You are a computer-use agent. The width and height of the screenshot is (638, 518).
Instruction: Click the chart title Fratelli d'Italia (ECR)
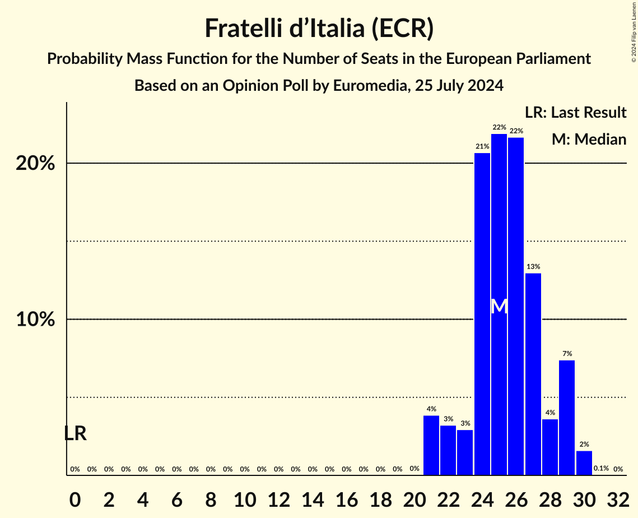[319, 29]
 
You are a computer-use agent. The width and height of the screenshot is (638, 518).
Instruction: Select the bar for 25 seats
[499, 336]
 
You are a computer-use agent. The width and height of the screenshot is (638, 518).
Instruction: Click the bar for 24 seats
[482, 314]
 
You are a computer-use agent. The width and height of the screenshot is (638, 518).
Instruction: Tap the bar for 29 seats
[567, 418]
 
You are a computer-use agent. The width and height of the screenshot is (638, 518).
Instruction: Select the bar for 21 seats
[431, 445]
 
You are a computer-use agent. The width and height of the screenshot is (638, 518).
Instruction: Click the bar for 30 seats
[584, 463]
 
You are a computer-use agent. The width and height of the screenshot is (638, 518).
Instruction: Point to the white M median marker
[499, 306]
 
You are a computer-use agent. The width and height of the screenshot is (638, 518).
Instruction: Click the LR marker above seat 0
[75, 433]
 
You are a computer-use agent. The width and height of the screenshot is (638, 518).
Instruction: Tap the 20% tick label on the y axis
[35, 164]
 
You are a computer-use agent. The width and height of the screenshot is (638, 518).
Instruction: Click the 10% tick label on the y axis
[35, 320]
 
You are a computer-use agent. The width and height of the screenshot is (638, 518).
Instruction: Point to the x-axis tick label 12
[278, 497]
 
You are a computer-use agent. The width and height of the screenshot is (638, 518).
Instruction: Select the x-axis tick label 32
[618, 497]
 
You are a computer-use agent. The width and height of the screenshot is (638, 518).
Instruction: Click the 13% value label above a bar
[533, 267]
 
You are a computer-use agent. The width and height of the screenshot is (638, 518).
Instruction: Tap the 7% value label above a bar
[567, 354]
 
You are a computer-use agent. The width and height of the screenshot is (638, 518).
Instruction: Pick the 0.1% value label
[601, 469]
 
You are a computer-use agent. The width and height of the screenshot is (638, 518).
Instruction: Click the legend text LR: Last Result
[575, 113]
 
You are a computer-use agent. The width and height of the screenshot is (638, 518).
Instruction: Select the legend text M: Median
[589, 139]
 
